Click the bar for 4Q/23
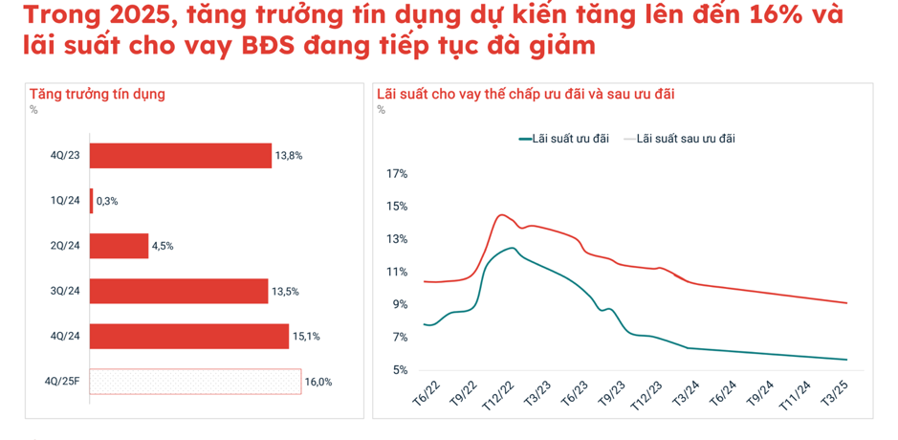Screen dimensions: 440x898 [181, 155]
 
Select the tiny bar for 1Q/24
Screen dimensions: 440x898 [92, 201]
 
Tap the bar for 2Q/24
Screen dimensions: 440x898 [120, 246]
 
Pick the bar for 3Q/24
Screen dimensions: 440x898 [179, 291]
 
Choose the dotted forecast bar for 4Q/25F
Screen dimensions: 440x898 [195, 382]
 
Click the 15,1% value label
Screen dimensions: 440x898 [306, 337]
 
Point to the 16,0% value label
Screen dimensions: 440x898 [318, 382]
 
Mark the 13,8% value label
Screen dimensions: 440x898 [289, 155]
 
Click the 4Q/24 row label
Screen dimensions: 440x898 [65, 337]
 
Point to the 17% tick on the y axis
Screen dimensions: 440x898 [397, 174]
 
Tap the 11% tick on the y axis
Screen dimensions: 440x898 [397, 272]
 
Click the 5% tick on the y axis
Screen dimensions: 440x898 [399, 369]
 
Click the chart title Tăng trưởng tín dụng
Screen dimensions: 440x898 [98, 94]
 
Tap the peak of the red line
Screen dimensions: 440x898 [501, 214]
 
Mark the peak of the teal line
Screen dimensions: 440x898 [513, 248]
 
